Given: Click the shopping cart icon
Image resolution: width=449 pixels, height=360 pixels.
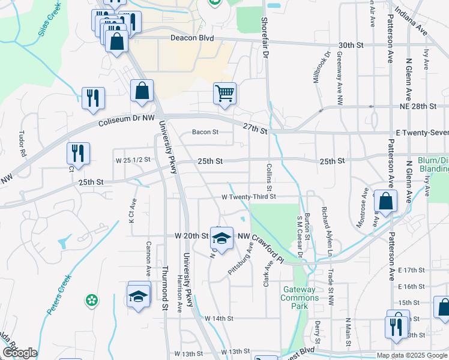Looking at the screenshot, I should [x=224, y=93].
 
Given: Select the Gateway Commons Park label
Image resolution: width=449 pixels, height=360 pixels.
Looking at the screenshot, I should [x=300, y=298].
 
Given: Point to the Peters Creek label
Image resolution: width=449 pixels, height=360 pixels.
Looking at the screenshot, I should [x=58, y=295].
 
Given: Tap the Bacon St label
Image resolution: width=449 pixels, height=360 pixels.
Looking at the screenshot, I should [x=204, y=132].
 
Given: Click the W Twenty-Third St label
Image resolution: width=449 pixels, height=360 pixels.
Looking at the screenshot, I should [x=249, y=196].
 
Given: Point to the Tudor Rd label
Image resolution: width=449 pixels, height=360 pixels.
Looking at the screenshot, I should [x=23, y=144].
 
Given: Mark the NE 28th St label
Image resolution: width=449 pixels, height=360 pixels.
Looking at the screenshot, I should [x=417, y=106].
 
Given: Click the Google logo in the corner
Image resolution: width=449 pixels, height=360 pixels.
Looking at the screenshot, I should [x=20, y=353].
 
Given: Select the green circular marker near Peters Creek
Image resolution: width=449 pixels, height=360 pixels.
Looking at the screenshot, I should [x=92, y=300].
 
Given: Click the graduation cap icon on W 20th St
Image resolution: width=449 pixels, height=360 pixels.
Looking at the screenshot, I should [x=221, y=238].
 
